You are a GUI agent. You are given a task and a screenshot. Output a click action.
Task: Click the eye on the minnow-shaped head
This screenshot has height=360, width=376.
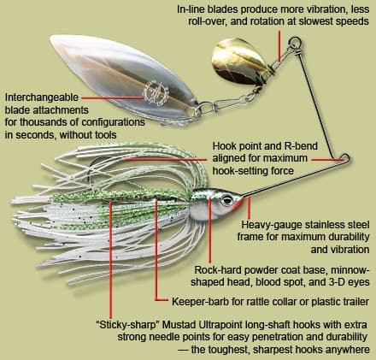pos(227,200)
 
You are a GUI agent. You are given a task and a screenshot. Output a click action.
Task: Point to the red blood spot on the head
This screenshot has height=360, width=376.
pos(238,204)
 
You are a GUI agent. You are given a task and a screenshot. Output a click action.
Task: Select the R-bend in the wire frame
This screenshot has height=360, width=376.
pos(344,158)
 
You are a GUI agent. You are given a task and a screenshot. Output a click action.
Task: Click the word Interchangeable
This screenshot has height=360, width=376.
pos(41,97)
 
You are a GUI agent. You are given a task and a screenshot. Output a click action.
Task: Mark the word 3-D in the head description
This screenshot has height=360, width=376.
pos(335,282)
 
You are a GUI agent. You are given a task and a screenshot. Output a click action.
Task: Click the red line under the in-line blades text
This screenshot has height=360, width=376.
pos(279,45)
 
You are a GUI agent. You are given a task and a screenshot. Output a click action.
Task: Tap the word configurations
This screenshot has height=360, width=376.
pos(113,122)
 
